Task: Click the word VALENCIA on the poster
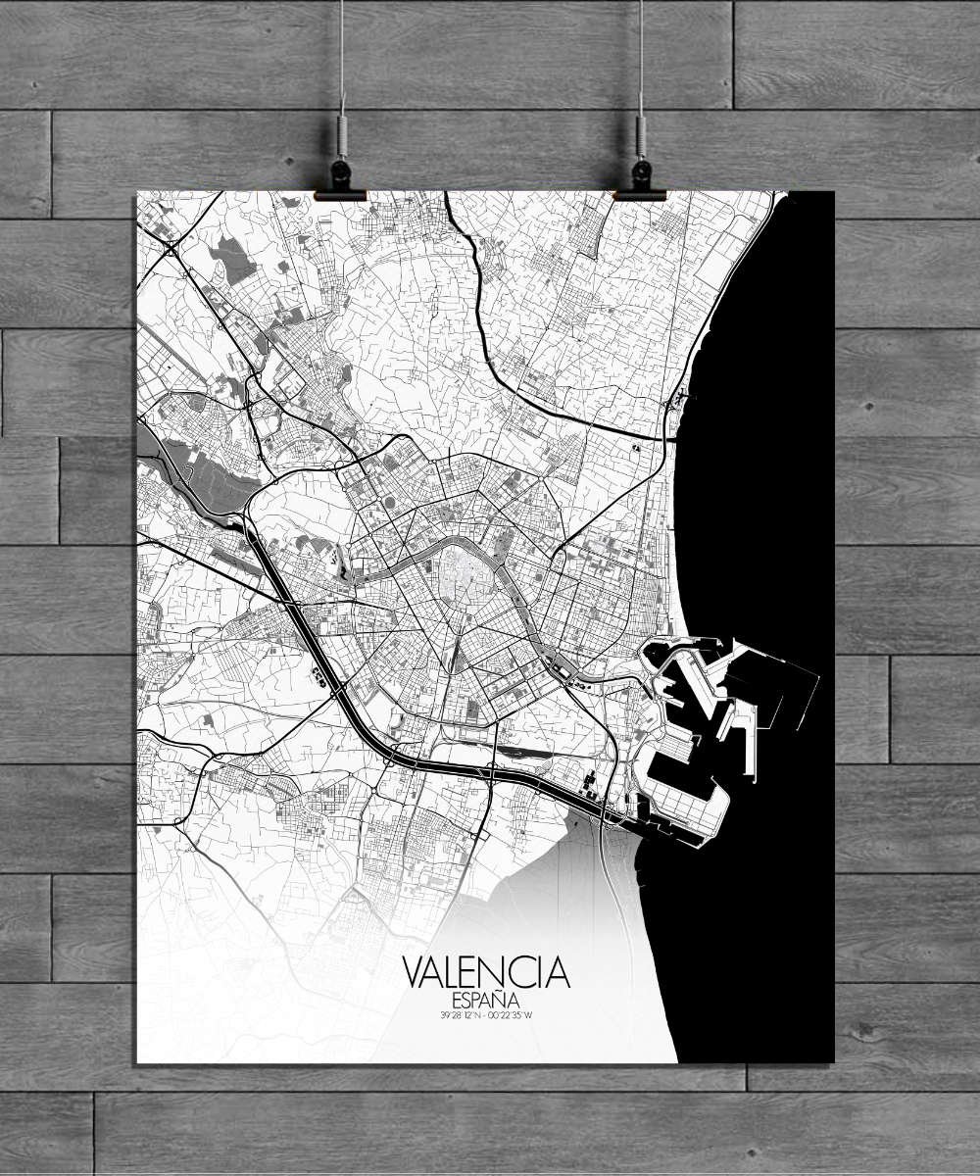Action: point(486,972)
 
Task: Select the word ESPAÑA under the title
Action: point(486,1000)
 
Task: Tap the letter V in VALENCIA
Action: point(414,972)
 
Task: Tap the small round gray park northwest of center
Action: point(389,504)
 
